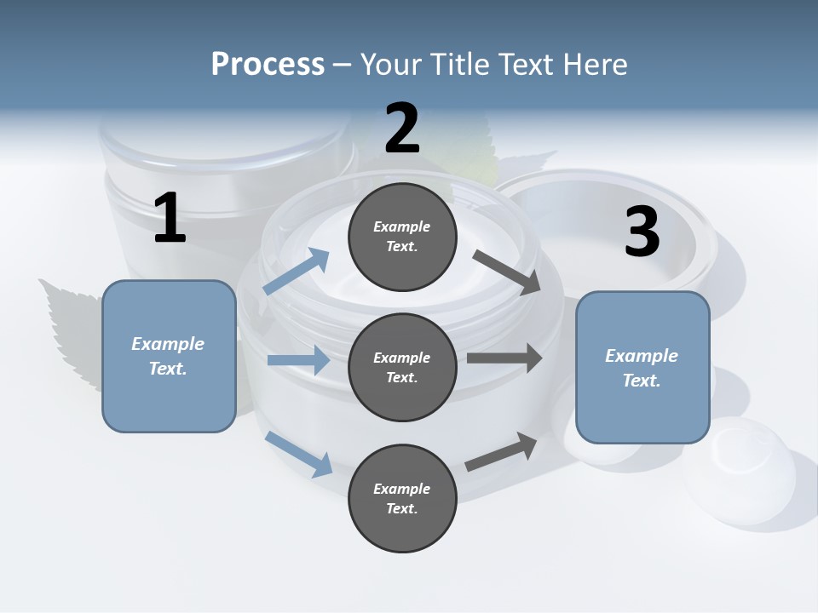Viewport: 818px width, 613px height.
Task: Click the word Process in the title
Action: pyautogui.click(x=268, y=65)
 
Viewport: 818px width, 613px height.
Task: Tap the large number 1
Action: pyautogui.click(x=170, y=219)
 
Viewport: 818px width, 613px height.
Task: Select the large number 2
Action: pyautogui.click(x=402, y=129)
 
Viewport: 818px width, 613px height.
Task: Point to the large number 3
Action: pyautogui.click(x=642, y=232)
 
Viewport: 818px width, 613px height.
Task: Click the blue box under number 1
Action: pyautogui.click(x=169, y=356)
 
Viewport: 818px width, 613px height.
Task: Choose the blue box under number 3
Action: pyautogui.click(x=642, y=368)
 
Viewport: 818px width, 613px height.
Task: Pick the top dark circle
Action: pyautogui.click(x=402, y=237)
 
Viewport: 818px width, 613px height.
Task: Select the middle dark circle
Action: pyautogui.click(x=402, y=368)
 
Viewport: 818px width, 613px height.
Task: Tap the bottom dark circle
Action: pyautogui.click(x=402, y=499)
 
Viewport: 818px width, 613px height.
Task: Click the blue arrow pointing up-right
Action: pyautogui.click(x=297, y=272)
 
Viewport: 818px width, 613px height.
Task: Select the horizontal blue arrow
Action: pyautogui.click(x=298, y=360)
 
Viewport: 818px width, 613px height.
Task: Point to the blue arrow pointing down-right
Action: pyautogui.click(x=298, y=453)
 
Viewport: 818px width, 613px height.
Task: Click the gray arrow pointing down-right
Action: pyautogui.click(x=506, y=272)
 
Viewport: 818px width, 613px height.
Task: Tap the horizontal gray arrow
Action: pyautogui.click(x=504, y=358)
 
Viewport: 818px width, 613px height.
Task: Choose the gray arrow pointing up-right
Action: pyautogui.click(x=501, y=452)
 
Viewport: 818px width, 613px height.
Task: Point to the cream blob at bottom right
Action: pyautogui.click(x=750, y=464)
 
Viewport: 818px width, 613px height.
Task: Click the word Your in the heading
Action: pyautogui.click(x=388, y=65)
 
